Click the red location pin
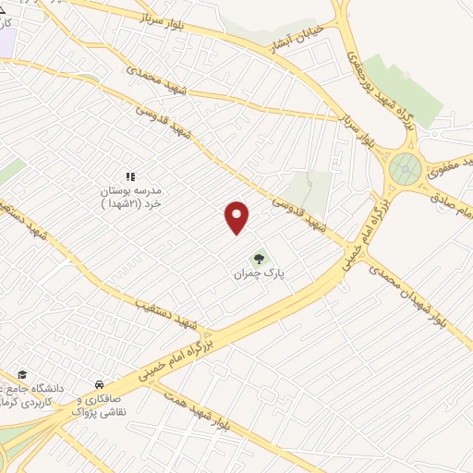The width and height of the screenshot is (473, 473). (x=237, y=217)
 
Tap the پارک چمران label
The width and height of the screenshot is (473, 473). (x=256, y=274)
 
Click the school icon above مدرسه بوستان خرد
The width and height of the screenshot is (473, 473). (x=130, y=176)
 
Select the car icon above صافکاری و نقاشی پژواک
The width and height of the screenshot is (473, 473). (x=99, y=384)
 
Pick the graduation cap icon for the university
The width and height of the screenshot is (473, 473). (x=22, y=374)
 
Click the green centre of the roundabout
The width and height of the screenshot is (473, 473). (x=404, y=169)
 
